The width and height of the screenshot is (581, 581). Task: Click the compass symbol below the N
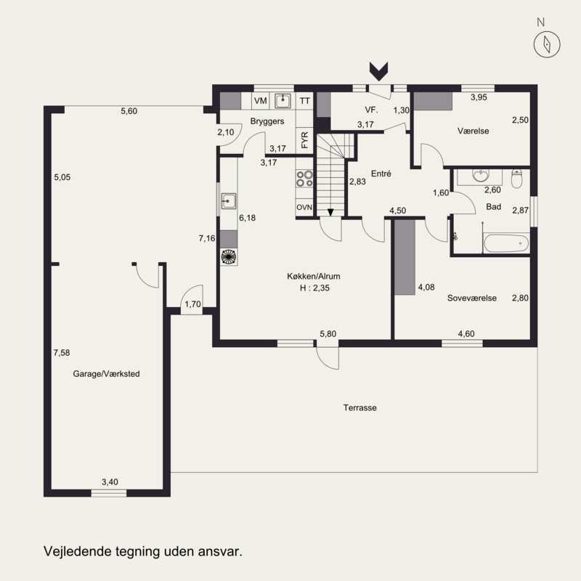[x=547, y=44]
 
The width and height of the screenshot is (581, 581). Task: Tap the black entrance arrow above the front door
[x=378, y=71]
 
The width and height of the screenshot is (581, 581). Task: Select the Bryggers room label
[x=267, y=121]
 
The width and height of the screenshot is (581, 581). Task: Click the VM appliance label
[x=261, y=101]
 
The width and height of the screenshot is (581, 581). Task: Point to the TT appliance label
[x=305, y=101]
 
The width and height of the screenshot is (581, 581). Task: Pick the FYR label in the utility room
[x=304, y=140]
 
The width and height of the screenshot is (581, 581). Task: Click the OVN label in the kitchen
[x=304, y=208]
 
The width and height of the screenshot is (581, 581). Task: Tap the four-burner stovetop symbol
[x=304, y=178]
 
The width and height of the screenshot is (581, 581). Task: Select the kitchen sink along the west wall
[x=229, y=201]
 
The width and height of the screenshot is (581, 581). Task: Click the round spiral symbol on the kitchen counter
[x=229, y=257]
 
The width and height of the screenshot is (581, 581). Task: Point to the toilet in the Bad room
[x=516, y=179]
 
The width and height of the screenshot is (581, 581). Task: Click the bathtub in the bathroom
[x=506, y=243]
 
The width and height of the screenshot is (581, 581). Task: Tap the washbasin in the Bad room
[x=481, y=176]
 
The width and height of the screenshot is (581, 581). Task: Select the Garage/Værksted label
[x=106, y=374]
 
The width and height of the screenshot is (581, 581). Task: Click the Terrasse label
[x=359, y=407]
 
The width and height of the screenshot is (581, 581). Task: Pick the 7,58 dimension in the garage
[x=62, y=353]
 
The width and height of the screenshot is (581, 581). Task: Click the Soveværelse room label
[x=471, y=298]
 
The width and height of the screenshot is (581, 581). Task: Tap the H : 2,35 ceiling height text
[x=314, y=288]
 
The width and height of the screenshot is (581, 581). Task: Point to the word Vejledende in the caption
[x=78, y=551]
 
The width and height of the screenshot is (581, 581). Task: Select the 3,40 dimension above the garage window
[x=110, y=482]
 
